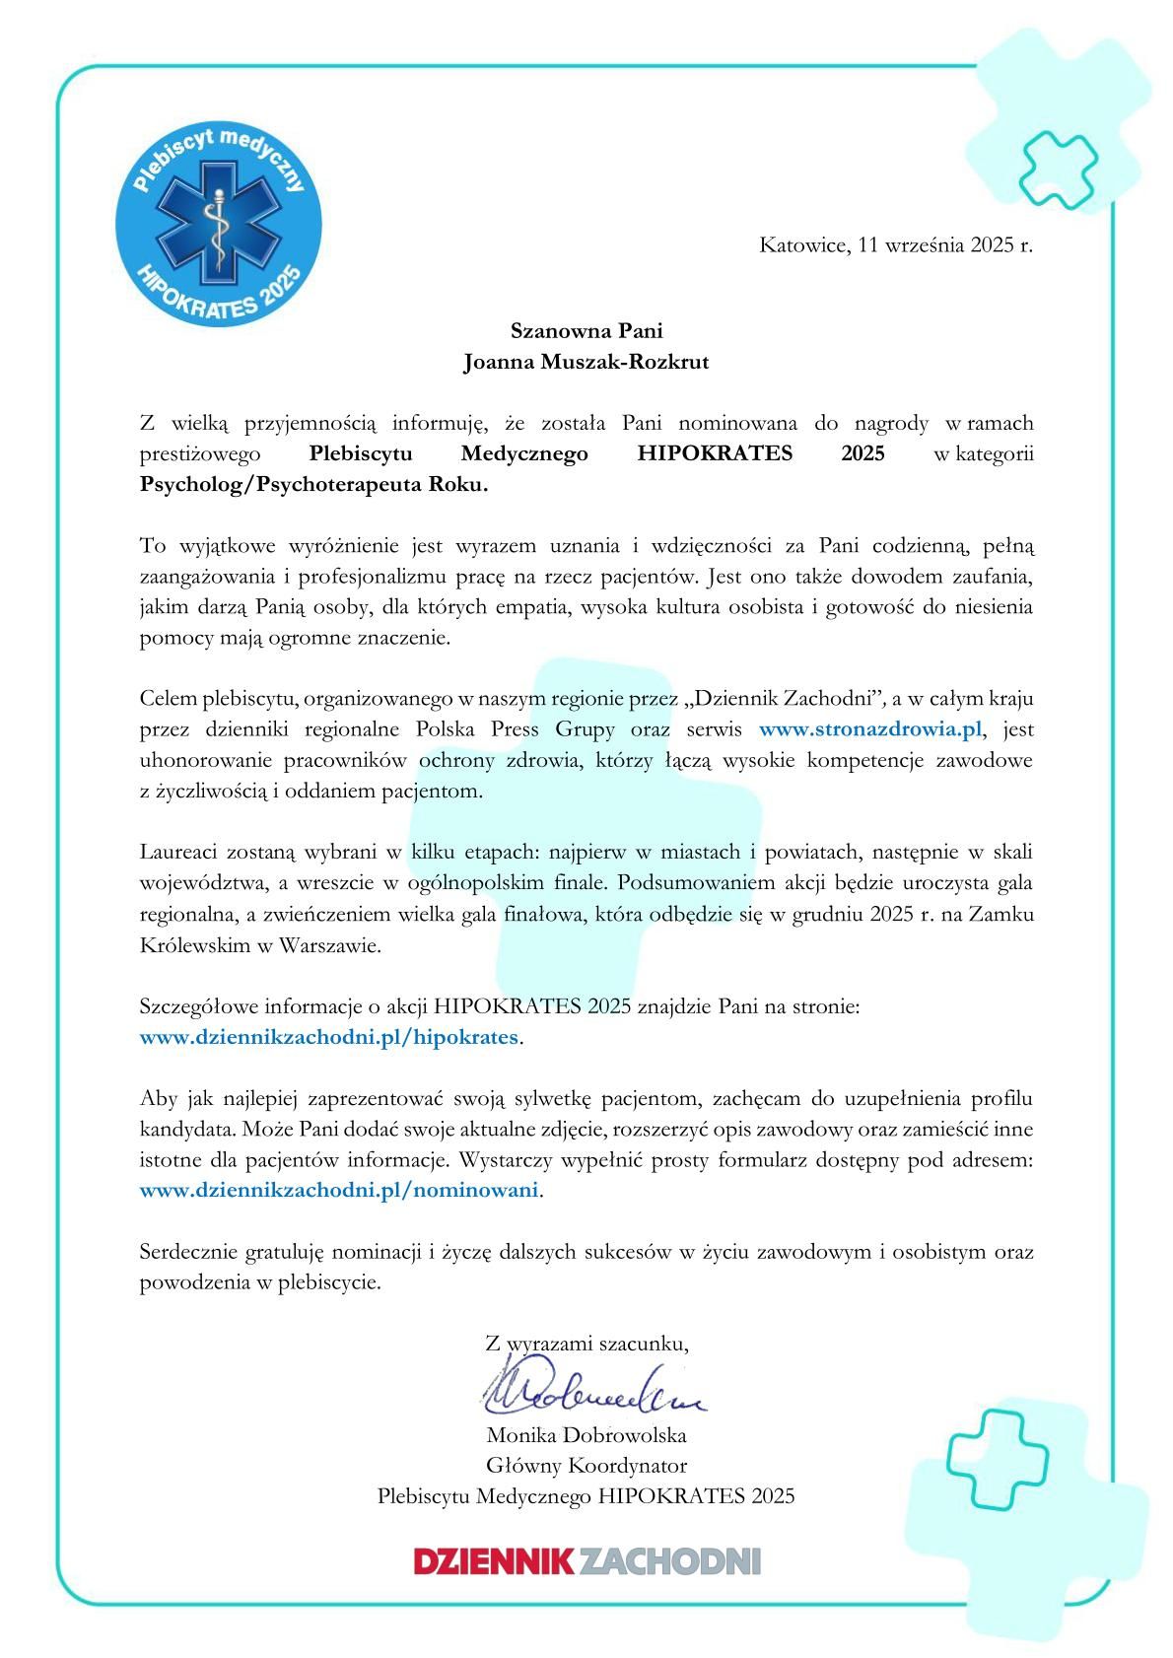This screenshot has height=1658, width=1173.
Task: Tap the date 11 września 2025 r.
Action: tap(945, 245)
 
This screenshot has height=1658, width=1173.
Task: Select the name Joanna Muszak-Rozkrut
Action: tap(586, 362)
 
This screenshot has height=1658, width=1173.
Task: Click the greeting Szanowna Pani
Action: tap(586, 330)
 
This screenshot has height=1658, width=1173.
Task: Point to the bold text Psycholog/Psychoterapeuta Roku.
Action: tap(313, 485)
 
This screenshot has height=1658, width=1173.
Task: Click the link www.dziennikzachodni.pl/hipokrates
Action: tap(328, 1037)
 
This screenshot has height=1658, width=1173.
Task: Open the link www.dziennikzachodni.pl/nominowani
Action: tap(340, 1190)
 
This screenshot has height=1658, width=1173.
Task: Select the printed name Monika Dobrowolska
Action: tap(586, 1434)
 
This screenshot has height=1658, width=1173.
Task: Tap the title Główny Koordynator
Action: tap(586, 1465)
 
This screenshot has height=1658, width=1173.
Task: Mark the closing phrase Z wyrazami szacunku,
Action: tap(586, 1343)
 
